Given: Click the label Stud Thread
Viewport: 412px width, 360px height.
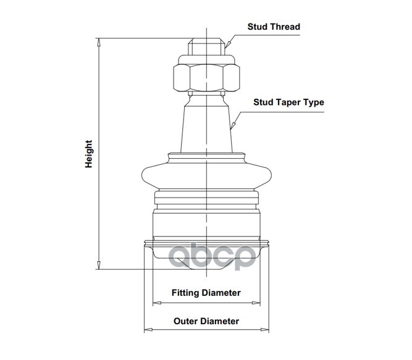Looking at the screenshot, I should point(273,27).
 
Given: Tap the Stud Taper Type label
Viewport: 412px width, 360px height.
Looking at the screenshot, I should point(288,103).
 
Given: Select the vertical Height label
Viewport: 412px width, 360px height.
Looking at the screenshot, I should point(89,154).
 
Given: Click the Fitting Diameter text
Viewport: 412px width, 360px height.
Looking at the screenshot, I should point(206,293).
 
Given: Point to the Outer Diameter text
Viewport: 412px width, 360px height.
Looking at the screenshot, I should point(206,321).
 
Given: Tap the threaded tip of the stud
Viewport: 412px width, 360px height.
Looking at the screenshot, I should point(206,47).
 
